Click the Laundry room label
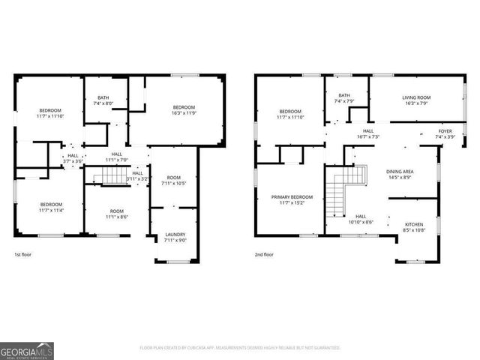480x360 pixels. click(x=175, y=238)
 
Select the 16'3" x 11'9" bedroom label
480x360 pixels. click(x=184, y=110)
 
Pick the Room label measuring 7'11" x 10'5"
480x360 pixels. click(x=174, y=181)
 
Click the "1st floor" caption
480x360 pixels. click(x=23, y=255)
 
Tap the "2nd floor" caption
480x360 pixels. click(x=263, y=255)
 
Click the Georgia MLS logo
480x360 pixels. click(x=27, y=350)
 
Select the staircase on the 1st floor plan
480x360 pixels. click(x=112, y=176)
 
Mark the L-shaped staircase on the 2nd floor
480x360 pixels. click(x=349, y=183)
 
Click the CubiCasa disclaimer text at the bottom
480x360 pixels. click(x=240, y=348)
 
